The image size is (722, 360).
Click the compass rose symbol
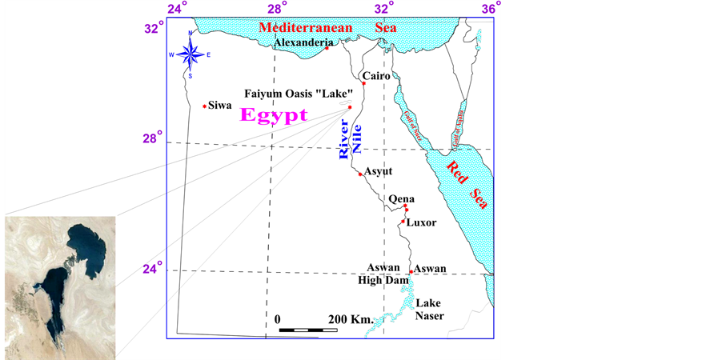tap(190, 54)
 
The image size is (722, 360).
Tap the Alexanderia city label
tap(303, 42)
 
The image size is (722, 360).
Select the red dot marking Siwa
tap(205, 106)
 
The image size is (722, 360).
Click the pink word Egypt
tap(274, 115)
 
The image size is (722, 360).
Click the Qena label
tap(400, 198)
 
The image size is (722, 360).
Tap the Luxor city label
tap(421, 222)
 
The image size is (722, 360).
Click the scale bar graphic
tap(303, 329)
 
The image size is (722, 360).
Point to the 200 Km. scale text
tap(351, 319)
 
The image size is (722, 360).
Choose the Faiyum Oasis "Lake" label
tap(299, 93)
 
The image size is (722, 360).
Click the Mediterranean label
tap(305, 27)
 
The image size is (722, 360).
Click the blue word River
tap(345, 144)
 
